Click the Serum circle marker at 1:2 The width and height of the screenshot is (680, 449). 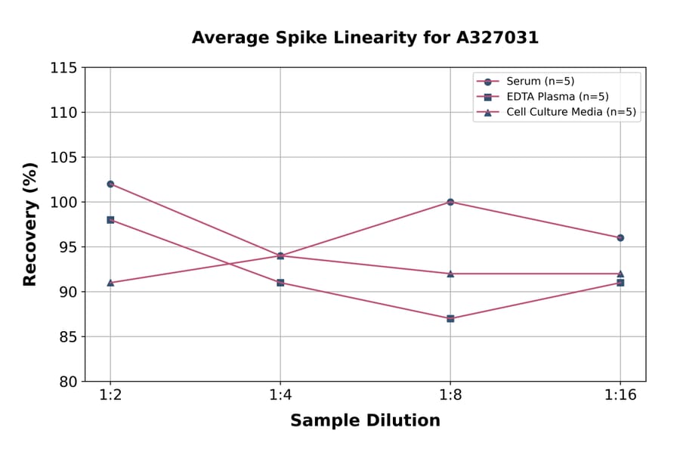(x=110, y=184)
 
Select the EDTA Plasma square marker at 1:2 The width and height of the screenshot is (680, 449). (x=110, y=220)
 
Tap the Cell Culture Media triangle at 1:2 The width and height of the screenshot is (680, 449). (x=110, y=283)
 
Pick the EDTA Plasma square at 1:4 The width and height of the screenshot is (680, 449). (x=280, y=283)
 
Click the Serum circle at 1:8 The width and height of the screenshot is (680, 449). (x=450, y=202)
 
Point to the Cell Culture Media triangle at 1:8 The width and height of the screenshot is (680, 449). (x=450, y=274)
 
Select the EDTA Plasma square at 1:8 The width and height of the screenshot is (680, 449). (x=450, y=318)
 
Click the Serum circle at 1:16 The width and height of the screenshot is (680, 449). (x=620, y=237)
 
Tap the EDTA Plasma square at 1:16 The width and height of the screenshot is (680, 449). (x=620, y=283)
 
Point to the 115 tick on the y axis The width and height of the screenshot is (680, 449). (x=63, y=68)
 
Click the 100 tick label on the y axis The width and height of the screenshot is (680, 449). (x=63, y=203)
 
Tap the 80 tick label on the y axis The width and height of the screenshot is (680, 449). (x=68, y=382)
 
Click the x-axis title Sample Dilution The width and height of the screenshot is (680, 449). (x=365, y=421)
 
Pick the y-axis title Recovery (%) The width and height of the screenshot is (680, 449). (x=30, y=224)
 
